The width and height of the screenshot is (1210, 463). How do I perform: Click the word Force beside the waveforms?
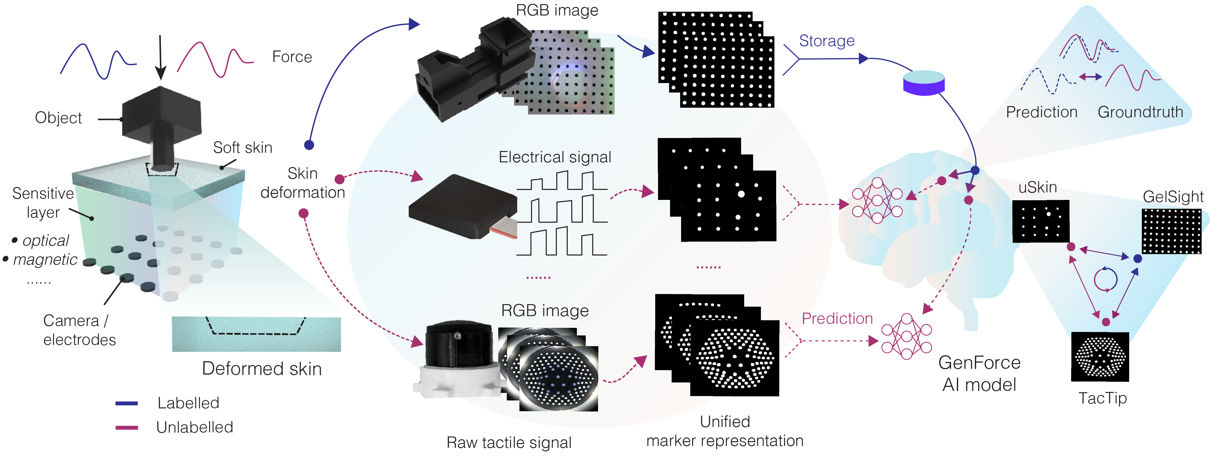[x=292, y=57]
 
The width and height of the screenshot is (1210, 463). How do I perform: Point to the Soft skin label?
[x=243, y=147]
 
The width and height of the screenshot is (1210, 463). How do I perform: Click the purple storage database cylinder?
[x=924, y=83]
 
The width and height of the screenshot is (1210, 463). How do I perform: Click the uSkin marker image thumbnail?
[x=1040, y=221]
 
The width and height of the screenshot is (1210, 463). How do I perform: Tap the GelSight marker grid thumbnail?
[x=1171, y=231]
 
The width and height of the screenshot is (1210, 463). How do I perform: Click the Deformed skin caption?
[x=262, y=369]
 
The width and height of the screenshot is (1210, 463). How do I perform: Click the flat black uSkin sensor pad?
[x=463, y=207]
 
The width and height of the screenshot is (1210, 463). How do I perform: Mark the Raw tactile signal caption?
[x=509, y=443]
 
